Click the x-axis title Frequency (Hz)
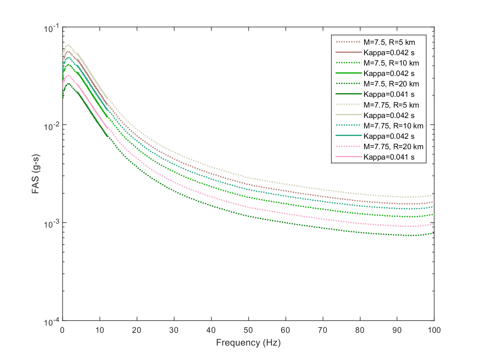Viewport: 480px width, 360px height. click(248, 343)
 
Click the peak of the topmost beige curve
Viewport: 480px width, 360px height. click(68, 45)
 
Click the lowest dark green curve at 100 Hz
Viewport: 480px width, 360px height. click(434, 233)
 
